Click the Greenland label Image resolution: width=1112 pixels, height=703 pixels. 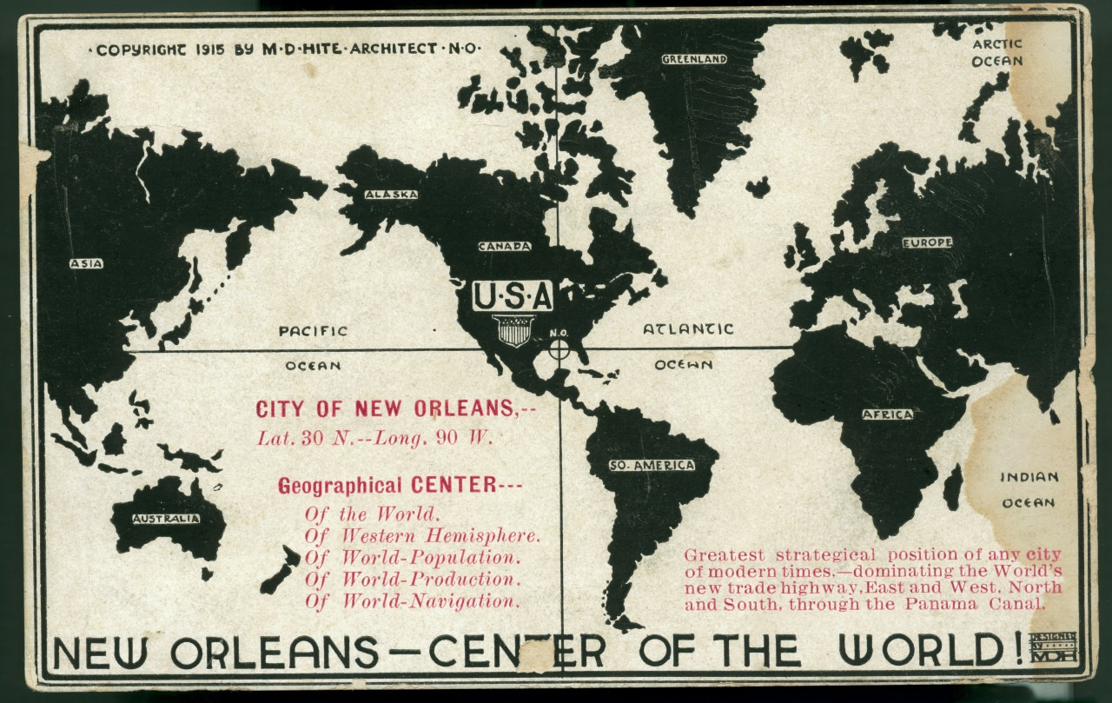693,59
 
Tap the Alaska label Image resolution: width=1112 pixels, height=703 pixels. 391,195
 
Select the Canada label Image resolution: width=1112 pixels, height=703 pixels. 504,246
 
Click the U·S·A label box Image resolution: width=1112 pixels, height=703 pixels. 513,296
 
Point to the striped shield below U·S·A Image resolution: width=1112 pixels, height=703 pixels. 513,330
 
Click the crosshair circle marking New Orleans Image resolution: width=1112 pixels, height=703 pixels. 560,350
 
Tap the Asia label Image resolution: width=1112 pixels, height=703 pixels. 86,263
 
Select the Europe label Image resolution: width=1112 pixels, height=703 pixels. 927,242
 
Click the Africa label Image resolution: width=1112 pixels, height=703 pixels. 887,415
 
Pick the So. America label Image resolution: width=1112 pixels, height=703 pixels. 652,465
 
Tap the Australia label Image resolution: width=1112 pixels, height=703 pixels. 166,519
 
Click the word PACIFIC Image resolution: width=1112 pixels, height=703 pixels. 313,331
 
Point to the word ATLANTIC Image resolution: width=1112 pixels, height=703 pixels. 688,329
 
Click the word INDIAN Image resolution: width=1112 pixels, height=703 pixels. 1029,477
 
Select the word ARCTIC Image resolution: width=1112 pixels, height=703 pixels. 997,43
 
